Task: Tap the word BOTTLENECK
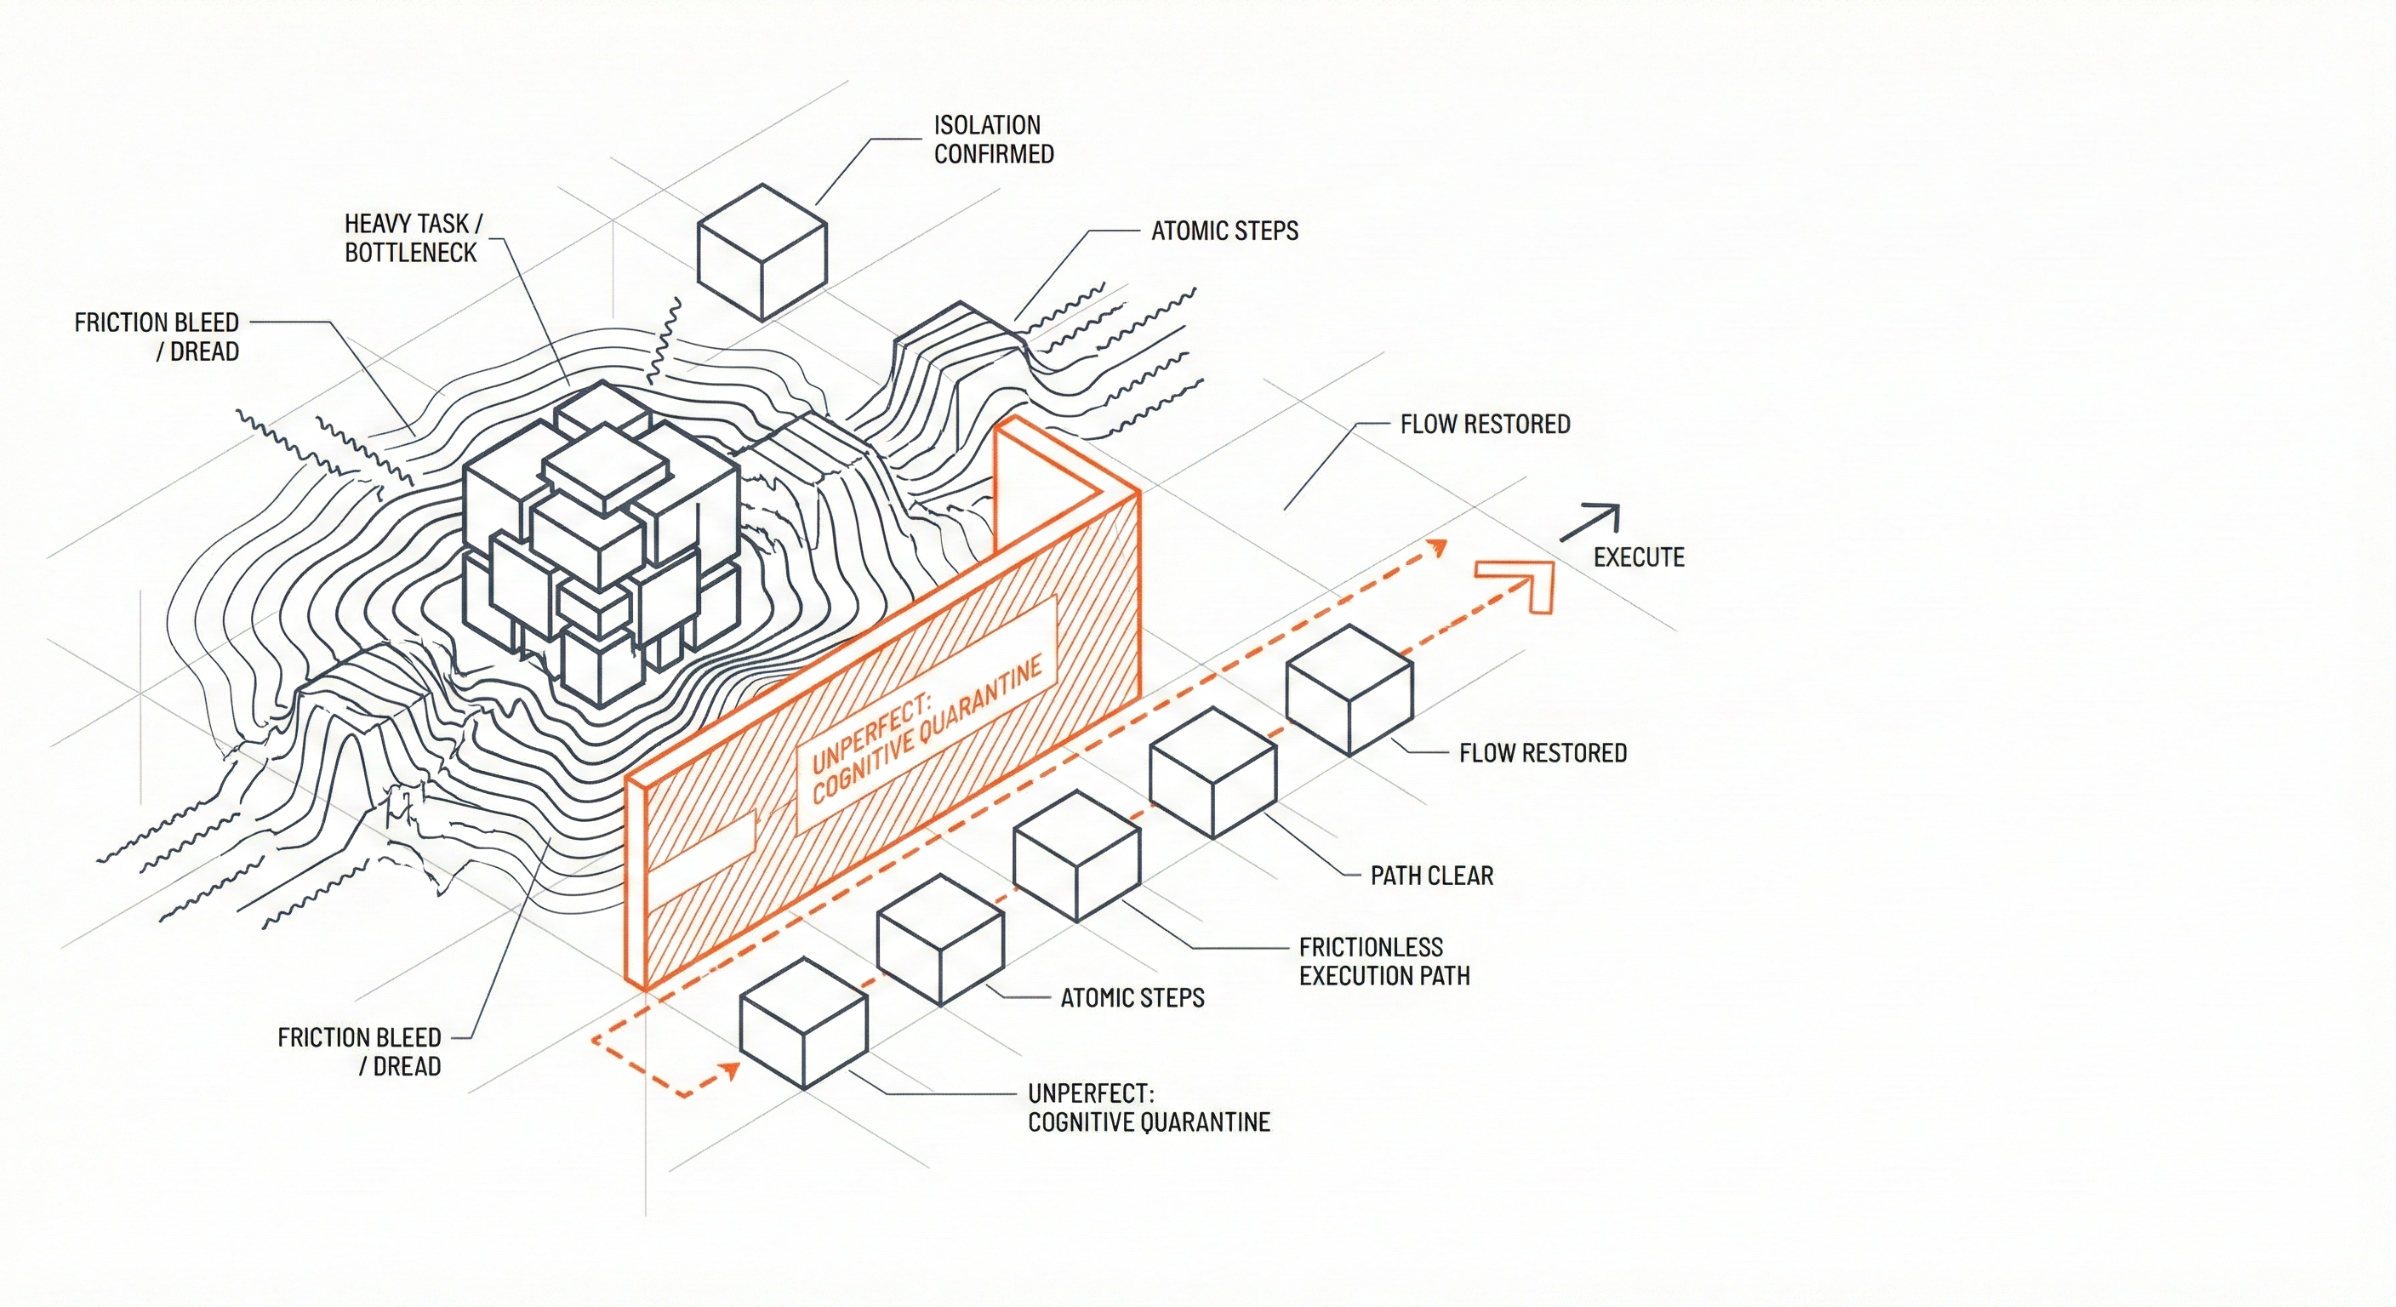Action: click(x=410, y=253)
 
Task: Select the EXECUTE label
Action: click(x=1639, y=557)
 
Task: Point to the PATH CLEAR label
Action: click(x=1431, y=876)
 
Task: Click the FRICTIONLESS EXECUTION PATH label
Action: click(x=1384, y=961)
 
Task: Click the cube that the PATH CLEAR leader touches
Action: click(x=1212, y=772)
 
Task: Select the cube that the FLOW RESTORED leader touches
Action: click(x=1349, y=689)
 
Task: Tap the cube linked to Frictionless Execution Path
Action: click(x=1076, y=856)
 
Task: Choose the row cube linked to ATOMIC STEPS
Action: click(x=940, y=939)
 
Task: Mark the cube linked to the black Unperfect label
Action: click(x=803, y=1024)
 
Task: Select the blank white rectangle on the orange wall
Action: click(x=699, y=848)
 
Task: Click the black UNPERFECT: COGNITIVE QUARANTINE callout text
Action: click(x=1149, y=1107)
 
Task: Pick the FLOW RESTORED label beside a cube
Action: click(x=1542, y=752)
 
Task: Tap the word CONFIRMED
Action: click(x=994, y=154)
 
